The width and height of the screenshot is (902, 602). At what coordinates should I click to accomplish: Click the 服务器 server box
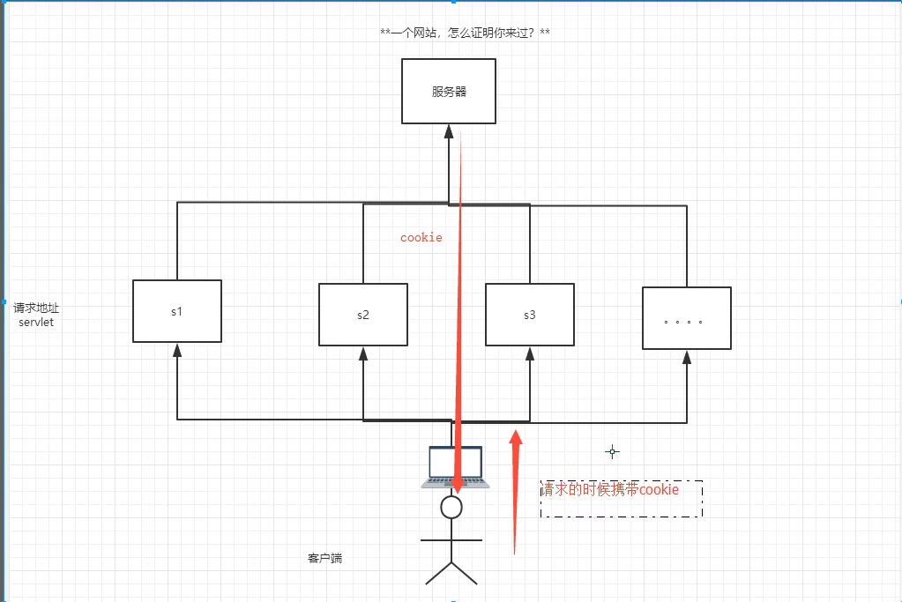pyautogui.click(x=449, y=91)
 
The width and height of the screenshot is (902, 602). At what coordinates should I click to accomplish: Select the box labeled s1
pyautogui.click(x=177, y=311)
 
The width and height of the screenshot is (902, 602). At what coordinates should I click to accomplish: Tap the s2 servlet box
pyautogui.click(x=363, y=314)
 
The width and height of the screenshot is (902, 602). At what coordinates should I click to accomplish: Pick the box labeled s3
pyautogui.click(x=529, y=314)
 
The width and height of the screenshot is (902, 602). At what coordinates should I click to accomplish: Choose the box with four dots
pyautogui.click(x=686, y=318)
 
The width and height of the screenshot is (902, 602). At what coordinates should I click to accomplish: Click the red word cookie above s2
pyautogui.click(x=421, y=237)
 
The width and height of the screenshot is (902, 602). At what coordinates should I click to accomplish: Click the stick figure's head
pyautogui.click(x=451, y=506)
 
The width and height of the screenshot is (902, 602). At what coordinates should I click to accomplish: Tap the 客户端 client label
pyautogui.click(x=324, y=558)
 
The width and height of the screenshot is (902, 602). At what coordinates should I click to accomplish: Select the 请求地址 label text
pyautogui.click(x=36, y=308)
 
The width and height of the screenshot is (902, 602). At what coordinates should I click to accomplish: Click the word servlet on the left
pyautogui.click(x=36, y=323)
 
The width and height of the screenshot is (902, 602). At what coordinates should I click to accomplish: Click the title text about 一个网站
pyautogui.click(x=466, y=33)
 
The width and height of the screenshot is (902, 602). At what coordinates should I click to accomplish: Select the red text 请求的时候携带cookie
pyautogui.click(x=610, y=489)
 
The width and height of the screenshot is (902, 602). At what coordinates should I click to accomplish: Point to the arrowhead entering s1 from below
pyautogui.click(x=177, y=350)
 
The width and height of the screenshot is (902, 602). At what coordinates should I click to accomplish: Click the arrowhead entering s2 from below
pyautogui.click(x=363, y=353)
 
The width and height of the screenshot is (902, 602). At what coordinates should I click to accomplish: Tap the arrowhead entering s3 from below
pyautogui.click(x=529, y=353)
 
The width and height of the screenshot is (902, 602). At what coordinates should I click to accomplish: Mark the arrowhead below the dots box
pyautogui.click(x=687, y=357)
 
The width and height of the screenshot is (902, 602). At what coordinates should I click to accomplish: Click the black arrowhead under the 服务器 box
pyautogui.click(x=449, y=132)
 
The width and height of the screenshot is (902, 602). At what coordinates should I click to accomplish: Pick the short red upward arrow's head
pyautogui.click(x=516, y=436)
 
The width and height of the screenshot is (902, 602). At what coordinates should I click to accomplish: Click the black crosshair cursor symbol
pyautogui.click(x=613, y=451)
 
